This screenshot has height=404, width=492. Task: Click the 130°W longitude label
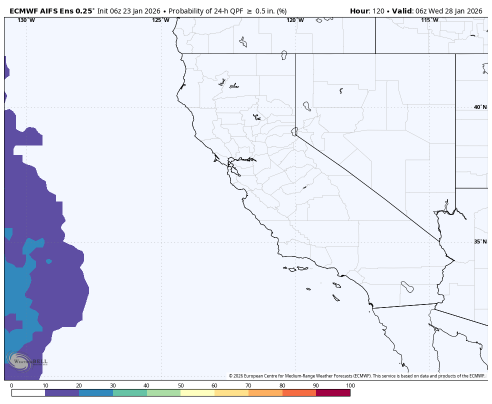[x=26, y=20]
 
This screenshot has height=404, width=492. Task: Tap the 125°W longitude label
[x=160, y=20]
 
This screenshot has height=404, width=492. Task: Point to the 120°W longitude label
[x=295, y=20]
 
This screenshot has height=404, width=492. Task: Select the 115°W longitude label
[x=429, y=20]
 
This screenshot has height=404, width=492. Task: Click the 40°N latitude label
[x=480, y=107]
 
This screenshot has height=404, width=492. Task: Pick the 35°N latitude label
[x=480, y=241]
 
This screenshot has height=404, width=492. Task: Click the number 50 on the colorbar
[x=180, y=385]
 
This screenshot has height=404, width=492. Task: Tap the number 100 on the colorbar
[x=350, y=385]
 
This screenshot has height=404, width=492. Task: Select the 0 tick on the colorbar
[x=11, y=385]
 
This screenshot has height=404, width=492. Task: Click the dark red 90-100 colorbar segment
[x=333, y=393]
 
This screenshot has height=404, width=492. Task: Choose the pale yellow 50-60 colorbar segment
[x=197, y=393]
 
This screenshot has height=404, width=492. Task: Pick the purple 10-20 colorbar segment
[x=62, y=393]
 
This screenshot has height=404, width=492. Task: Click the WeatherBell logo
[x=27, y=361]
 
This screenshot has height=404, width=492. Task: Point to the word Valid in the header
[x=404, y=11]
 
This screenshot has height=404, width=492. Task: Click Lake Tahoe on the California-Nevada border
[x=294, y=131]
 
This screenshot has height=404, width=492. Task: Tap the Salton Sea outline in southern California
[x=407, y=287]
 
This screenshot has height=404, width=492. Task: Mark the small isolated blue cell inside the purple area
[x=48, y=261]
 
